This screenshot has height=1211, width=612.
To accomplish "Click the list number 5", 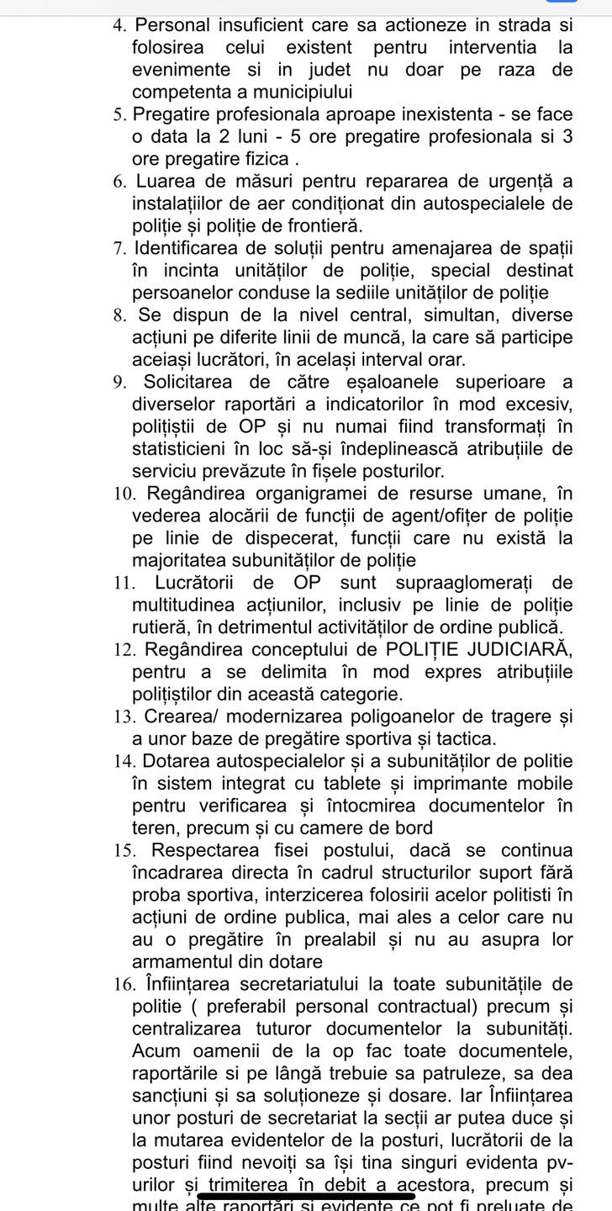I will coord(119,114).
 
